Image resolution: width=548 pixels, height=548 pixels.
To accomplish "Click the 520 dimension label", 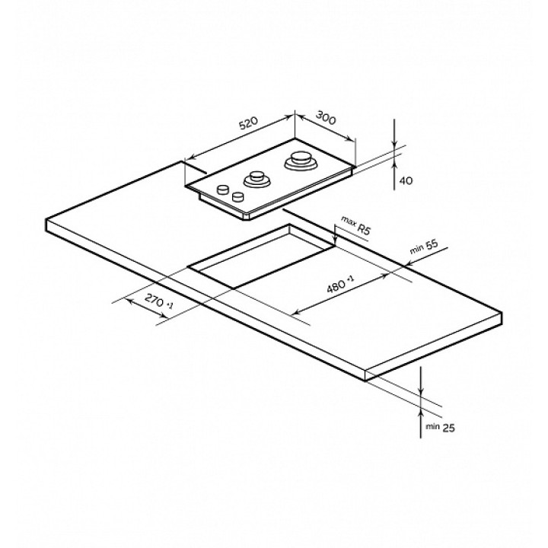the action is coord(248,124).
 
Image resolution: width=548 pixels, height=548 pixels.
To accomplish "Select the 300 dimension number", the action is coord(326,117).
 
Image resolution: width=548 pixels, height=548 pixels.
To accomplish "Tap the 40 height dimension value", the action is coord(406,180).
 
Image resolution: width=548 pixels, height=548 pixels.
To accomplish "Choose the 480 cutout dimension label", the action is coord(340,284).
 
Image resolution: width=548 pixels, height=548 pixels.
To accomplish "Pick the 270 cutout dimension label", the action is coord(158,301).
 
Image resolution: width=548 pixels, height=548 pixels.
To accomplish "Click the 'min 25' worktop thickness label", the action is coord(440,427).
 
